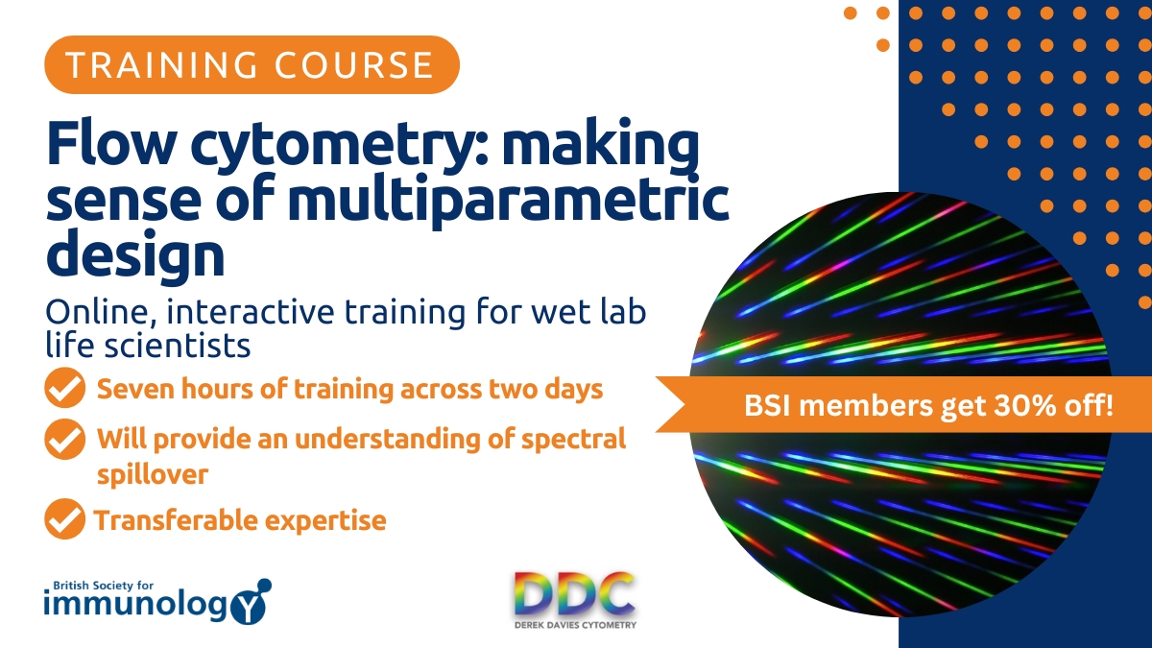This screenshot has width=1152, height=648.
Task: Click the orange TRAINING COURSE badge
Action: click(x=252, y=64)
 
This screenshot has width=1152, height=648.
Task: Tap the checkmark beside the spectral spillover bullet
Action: click(x=64, y=441)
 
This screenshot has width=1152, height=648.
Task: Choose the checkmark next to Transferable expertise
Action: click(x=64, y=519)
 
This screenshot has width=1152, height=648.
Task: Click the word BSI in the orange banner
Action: click(x=768, y=406)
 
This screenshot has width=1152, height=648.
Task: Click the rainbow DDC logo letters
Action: click(x=574, y=596)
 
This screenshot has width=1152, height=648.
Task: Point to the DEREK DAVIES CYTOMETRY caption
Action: click(x=574, y=625)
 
